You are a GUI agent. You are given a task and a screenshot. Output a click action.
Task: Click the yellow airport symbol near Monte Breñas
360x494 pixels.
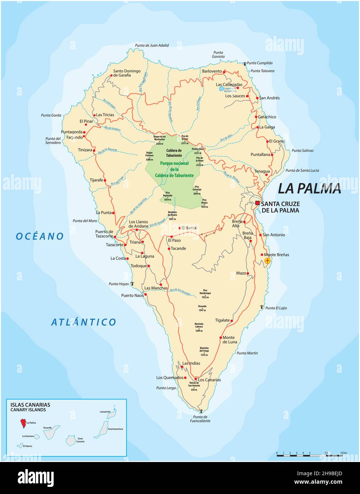pos(268,261)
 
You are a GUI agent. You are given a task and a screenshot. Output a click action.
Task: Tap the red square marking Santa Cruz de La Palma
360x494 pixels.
pos(257,203)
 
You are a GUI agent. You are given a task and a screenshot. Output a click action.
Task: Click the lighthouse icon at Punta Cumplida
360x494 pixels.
pos(245,64)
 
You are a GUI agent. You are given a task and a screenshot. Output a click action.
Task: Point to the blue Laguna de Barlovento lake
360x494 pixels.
pos(221,88)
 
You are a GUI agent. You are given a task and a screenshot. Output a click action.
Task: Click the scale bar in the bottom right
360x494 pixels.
pos(309,455)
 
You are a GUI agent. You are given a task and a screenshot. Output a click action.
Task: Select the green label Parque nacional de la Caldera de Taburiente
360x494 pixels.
pos(174,170)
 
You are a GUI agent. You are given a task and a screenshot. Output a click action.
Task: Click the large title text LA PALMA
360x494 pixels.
pos(309,188)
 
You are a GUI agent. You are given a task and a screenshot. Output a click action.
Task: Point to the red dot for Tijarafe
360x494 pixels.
pos(105,181)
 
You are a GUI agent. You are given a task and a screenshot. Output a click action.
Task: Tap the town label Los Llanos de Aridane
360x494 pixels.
pos(138,224)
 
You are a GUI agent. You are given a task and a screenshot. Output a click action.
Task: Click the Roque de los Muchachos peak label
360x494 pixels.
pos(159,140)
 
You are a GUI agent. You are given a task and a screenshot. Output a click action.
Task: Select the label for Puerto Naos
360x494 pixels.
pos(132,295)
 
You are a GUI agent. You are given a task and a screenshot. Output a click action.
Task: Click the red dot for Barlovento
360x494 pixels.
pos(225,71)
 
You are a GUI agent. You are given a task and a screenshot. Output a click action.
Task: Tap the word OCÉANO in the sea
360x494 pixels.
pos(40,236)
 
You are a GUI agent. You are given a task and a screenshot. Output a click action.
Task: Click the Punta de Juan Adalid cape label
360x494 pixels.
pos(152,45)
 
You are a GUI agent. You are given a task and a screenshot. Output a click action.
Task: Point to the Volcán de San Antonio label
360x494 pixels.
pos(194,386)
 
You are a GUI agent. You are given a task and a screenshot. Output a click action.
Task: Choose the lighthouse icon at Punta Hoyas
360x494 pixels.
pos(132,284)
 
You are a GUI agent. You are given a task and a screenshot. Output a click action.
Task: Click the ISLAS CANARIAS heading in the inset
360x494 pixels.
pos(30,404)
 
